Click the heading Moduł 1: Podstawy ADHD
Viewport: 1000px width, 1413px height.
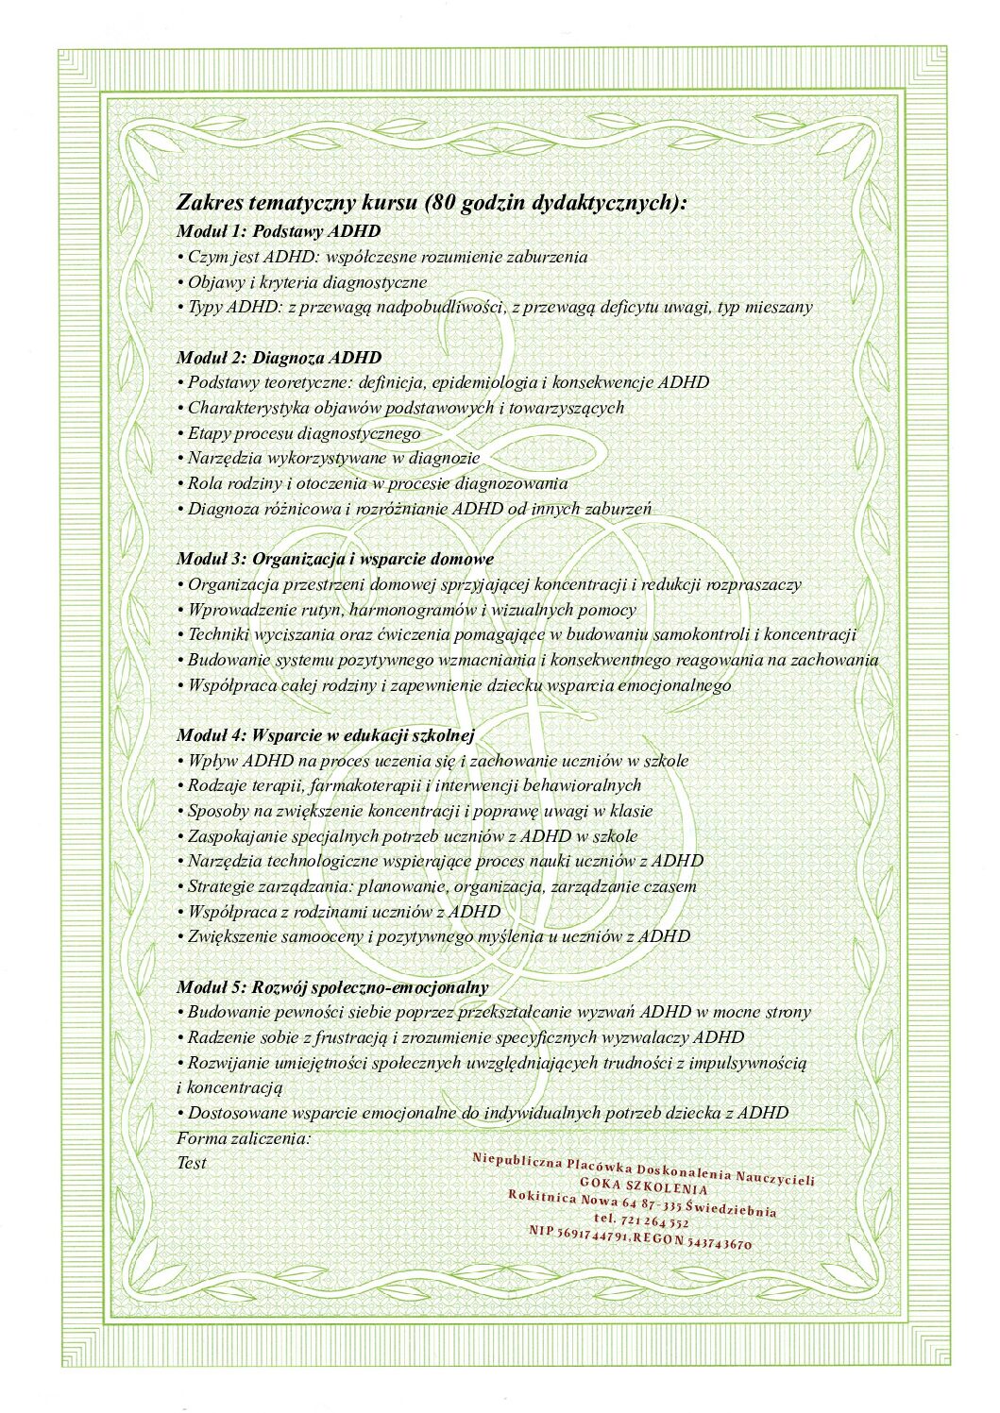[x=279, y=231]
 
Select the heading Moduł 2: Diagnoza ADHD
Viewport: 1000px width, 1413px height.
[x=280, y=358]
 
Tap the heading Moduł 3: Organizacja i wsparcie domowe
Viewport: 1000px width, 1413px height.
[x=335, y=559]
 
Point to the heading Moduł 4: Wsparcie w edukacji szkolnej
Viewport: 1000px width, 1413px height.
[x=326, y=735]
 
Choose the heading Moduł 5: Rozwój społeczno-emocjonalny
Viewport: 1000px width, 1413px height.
[x=332, y=987]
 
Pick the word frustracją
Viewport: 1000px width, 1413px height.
[x=344, y=1037]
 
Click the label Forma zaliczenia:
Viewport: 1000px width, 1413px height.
[x=244, y=1138]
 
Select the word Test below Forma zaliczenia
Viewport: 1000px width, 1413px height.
[x=192, y=1163]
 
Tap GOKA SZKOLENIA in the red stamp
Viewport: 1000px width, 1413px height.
[x=644, y=1186]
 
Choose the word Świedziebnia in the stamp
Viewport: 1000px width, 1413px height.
[x=731, y=1209]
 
